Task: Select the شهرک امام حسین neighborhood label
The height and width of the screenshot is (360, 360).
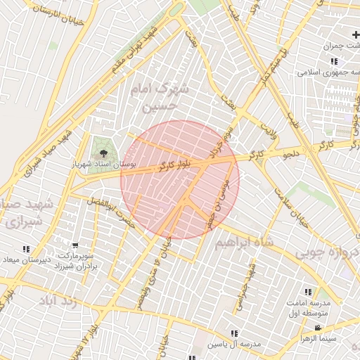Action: click(x=160, y=97)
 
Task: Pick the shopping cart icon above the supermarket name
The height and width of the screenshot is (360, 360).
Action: click(x=75, y=246)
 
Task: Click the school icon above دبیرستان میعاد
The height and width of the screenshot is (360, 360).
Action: click(x=26, y=249)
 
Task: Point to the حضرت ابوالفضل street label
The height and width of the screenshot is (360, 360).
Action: click(x=110, y=211)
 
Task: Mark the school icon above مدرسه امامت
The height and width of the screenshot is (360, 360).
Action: click(x=308, y=291)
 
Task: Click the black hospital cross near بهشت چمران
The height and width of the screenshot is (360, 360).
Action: click(x=356, y=34)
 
